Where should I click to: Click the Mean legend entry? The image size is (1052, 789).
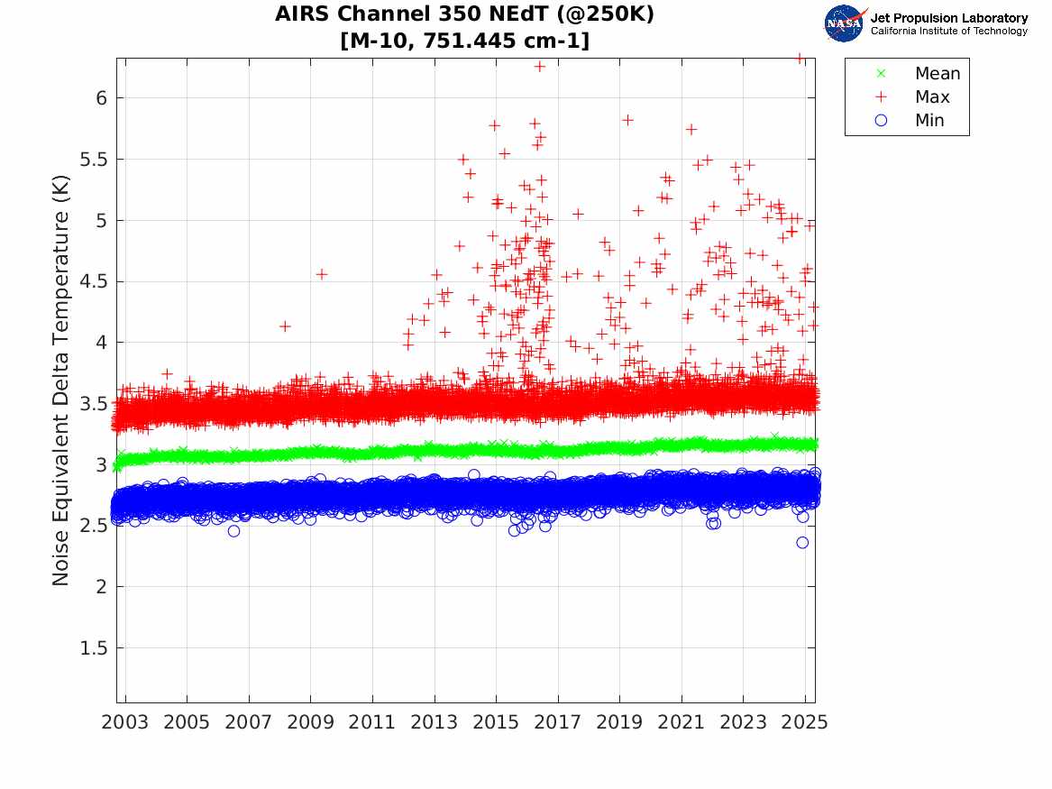937,74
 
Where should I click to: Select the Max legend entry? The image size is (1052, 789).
931,97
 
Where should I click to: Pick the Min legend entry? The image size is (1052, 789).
929,121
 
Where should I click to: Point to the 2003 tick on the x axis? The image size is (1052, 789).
125,722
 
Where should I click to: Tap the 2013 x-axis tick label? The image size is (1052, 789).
435,722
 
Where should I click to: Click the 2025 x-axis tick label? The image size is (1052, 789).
805,722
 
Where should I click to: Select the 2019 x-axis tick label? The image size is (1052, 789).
620,722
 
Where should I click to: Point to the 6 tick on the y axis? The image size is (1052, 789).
92,98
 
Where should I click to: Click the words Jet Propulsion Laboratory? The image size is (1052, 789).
948,18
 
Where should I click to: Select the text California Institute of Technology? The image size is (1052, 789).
948,32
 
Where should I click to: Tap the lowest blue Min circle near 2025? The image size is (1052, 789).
802,543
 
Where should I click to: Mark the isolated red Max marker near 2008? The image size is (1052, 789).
285,326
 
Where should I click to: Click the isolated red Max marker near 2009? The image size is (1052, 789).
321,274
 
